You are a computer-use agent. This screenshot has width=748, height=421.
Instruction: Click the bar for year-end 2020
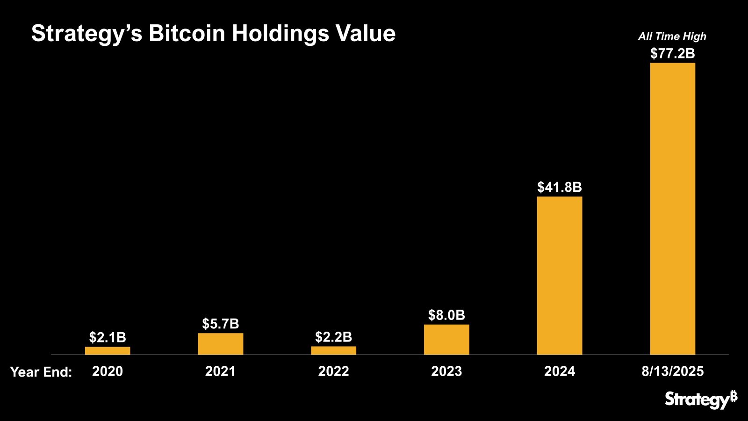pos(108,350)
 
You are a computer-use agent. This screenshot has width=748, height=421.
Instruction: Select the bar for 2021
pos(221,344)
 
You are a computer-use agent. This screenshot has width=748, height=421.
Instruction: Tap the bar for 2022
pos(334,350)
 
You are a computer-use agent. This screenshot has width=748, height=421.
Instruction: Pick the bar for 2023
pos(446,340)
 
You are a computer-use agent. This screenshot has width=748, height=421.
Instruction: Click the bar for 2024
pos(560,276)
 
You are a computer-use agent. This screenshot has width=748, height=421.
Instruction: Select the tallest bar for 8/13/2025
pos(673,209)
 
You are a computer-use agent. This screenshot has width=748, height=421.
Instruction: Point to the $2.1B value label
pos(108,337)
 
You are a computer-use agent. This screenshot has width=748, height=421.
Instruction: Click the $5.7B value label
pos(221,324)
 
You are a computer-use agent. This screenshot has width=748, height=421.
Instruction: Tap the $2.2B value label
pos(334,337)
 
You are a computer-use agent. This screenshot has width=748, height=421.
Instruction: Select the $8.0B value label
pos(446,315)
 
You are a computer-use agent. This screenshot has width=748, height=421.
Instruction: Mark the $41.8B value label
pos(560,188)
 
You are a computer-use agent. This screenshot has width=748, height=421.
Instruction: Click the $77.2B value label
pos(673,54)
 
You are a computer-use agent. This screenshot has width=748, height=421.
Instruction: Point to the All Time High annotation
pos(672,36)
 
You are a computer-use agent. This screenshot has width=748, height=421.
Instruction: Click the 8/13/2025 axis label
pos(673,371)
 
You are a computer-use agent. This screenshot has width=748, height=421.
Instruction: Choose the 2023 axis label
pos(446,371)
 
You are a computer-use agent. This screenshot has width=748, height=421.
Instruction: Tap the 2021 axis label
pos(221,371)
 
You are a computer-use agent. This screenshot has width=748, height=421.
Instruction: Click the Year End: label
pos(41,372)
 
